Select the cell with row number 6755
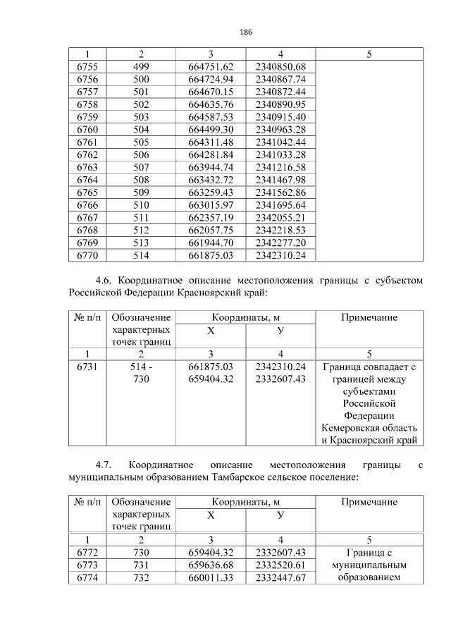(x=87, y=67)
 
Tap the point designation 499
(x=141, y=67)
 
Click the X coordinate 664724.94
(x=211, y=79)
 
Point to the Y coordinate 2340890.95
(x=280, y=104)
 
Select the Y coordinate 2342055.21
(x=280, y=216)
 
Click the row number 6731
(x=87, y=367)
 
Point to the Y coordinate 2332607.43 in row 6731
(x=280, y=379)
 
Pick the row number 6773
(x=87, y=565)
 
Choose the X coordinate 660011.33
(x=211, y=578)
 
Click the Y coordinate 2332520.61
(x=280, y=565)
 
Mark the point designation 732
(x=141, y=578)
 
